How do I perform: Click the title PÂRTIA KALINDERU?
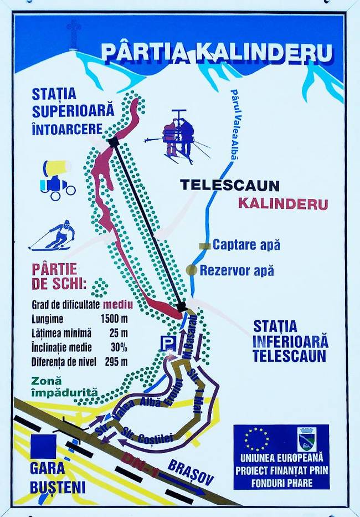click(x=217, y=52)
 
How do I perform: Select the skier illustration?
click(x=54, y=236)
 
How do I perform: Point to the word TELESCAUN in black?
click(x=229, y=186)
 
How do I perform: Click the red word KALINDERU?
click(x=282, y=203)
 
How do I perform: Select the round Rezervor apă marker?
click(x=192, y=270)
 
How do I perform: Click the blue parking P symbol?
click(x=167, y=342)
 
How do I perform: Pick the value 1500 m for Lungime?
click(x=114, y=319)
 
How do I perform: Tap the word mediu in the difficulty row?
click(x=118, y=304)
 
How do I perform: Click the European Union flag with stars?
click(x=256, y=439)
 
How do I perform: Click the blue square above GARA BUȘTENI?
click(x=44, y=447)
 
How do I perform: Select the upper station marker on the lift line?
click(x=114, y=142)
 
